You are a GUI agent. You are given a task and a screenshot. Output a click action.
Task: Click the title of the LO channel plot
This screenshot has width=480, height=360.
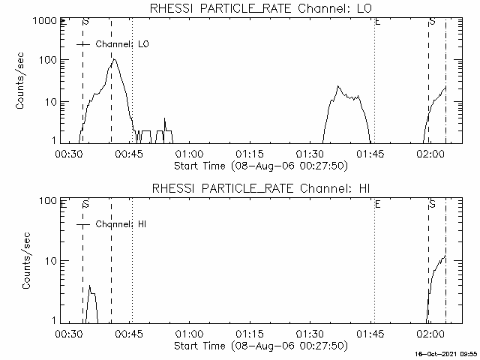[261, 8]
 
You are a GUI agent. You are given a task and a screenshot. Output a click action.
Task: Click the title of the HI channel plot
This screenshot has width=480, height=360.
[261, 188]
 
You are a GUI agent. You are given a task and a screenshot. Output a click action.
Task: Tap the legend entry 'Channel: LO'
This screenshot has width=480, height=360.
[122, 44]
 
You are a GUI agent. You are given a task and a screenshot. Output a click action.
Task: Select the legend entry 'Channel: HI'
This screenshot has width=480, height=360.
[121, 224]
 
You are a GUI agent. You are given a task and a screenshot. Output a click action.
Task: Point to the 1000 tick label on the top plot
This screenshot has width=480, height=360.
[45, 21]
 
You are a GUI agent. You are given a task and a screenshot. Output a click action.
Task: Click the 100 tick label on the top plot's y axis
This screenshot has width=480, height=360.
[48, 60]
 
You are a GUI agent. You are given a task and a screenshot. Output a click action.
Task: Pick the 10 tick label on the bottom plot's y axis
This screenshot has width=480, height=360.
[52, 261]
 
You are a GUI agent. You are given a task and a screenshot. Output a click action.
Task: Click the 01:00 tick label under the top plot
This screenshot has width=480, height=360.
[189, 154]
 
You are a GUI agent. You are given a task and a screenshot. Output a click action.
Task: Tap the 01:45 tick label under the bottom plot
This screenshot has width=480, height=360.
[370, 334]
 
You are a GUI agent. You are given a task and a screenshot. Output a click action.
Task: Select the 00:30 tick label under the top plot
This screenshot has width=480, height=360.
[69, 154]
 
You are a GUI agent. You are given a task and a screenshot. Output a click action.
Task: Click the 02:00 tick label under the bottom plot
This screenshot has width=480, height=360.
[430, 334]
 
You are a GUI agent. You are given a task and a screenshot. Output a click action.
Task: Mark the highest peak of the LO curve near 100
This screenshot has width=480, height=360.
[114, 58]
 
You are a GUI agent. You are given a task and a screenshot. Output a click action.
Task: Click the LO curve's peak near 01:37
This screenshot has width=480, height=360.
[338, 86]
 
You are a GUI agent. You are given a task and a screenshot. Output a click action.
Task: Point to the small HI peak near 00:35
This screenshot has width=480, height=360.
[90, 285]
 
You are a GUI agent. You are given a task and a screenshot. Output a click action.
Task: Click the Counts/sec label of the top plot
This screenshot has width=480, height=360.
[19, 81]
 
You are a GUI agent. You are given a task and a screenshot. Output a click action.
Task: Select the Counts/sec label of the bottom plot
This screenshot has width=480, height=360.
[26, 260]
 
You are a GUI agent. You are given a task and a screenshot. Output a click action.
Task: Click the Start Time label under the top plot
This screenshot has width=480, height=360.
[261, 166]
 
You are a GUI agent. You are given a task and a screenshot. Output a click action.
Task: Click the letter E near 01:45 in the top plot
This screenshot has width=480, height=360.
[378, 22]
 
